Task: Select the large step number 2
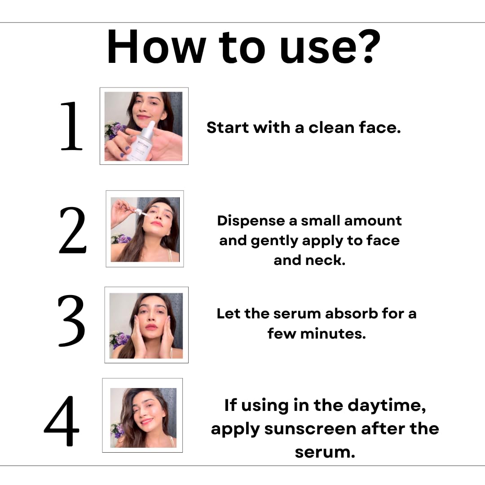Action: click(72, 230)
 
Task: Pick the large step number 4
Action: click(62, 421)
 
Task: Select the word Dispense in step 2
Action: click(251, 221)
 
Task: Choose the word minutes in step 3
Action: click(333, 333)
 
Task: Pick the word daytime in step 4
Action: click(387, 406)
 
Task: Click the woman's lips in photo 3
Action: click(152, 326)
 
